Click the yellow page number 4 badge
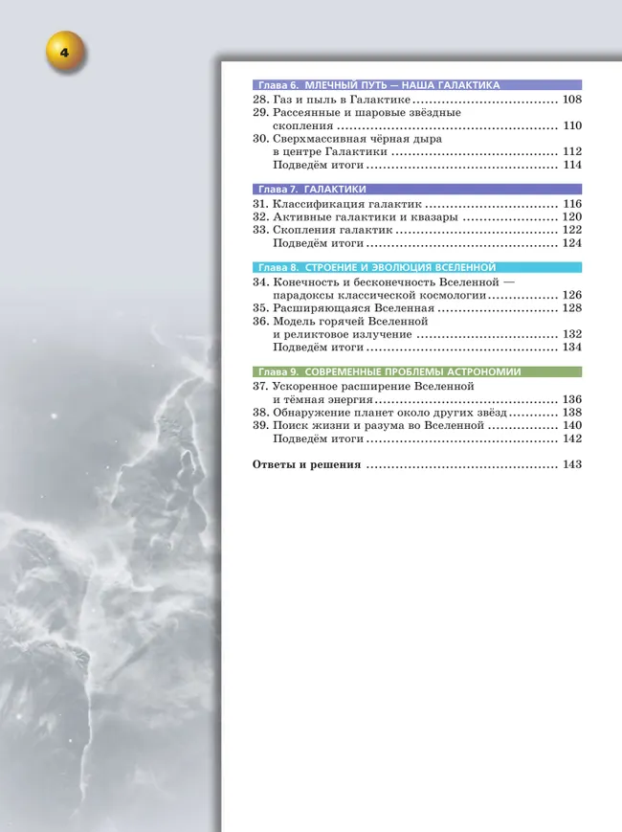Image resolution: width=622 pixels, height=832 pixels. click(64, 53)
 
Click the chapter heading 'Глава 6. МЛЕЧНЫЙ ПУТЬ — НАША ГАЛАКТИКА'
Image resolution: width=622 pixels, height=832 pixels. click(380, 85)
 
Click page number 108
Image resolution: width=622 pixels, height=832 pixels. click(572, 100)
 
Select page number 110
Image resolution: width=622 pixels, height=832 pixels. click(572, 125)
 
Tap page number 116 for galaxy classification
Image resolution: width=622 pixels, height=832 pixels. click(572, 204)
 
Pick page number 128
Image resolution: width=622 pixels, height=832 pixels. click(572, 308)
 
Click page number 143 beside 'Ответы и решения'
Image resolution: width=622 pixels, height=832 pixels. click(572, 464)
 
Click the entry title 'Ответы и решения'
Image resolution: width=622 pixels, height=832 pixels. click(305, 464)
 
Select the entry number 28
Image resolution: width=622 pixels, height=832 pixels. click(260, 100)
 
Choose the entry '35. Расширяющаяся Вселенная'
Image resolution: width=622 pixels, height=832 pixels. click(353, 308)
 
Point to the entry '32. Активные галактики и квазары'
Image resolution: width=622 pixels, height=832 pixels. click(364, 217)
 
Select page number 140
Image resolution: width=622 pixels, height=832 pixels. click(572, 425)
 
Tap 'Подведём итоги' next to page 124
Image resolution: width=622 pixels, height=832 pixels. click(319, 243)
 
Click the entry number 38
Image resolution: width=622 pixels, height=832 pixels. click(260, 413)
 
